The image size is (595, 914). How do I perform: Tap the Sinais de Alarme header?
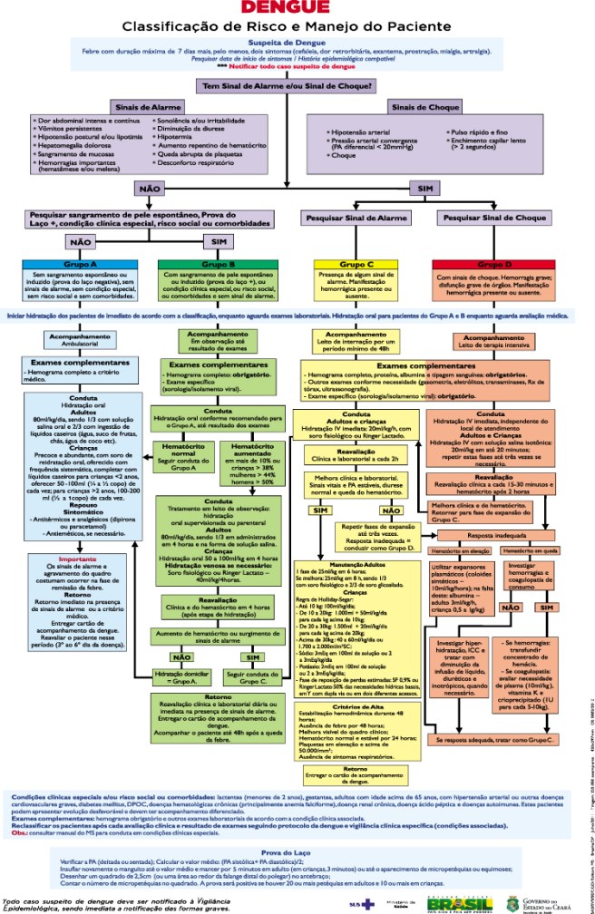[139, 107]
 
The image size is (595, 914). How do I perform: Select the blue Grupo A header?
[72, 263]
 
